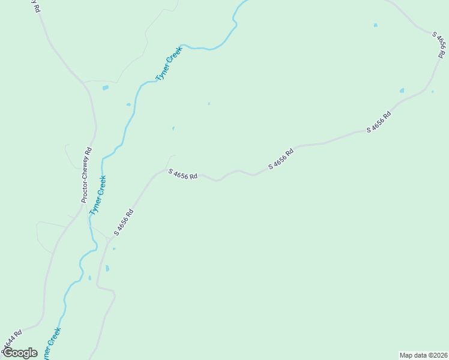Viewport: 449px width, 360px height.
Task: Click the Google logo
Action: [x=20, y=353]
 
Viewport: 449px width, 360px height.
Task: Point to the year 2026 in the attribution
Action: [x=438, y=355]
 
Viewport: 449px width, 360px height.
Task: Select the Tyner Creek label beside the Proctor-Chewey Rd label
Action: [x=98, y=195]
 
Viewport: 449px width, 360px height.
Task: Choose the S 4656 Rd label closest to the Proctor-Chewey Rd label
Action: [x=124, y=222]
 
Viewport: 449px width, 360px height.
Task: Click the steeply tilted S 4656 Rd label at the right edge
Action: [x=440, y=46]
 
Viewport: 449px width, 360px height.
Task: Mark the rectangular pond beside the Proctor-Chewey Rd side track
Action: [x=106, y=88]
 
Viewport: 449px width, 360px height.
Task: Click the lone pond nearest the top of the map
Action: [x=376, y=25]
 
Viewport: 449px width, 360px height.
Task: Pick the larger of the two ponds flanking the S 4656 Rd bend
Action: [x=402, y=91]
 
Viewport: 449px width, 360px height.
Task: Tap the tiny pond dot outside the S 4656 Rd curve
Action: [x=432, y=92]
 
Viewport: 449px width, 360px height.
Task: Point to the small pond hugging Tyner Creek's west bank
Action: [x=128, y=104]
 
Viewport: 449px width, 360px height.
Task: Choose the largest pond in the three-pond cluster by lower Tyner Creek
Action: [x=107, y=268]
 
